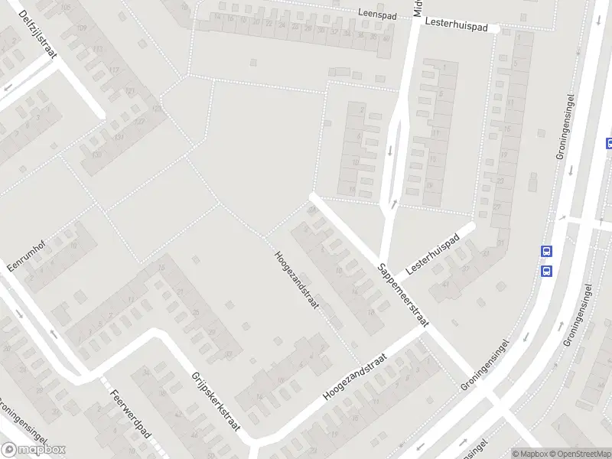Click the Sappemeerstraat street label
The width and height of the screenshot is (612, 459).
click(x=402, y=294)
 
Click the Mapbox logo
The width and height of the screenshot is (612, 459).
click(x=34, y=450)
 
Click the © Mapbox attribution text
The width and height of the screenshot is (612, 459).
click(x=530, y=454)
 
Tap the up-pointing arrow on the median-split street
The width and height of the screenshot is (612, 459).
click(x=395, y=203)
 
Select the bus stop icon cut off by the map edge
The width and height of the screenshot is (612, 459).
click(x=609, y=142)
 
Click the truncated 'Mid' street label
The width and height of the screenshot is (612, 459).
click(x=418, y=8)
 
